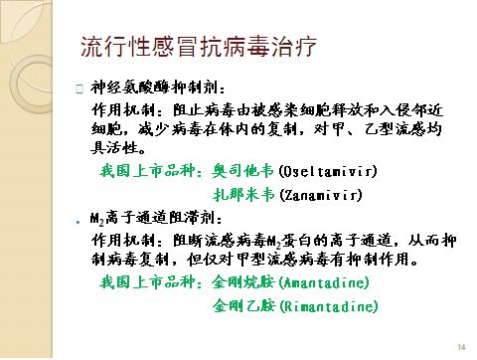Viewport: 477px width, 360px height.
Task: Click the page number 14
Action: (x=460, y=347)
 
